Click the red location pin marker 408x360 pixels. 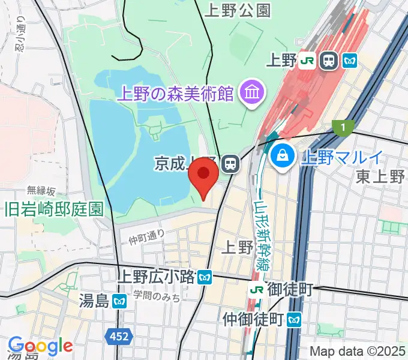tap(203, 176)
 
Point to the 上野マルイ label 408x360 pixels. tap(342, 158)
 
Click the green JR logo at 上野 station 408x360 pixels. tap(308, 60)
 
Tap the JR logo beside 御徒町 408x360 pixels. tap(257, 290)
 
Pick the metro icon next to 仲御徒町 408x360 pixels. tap(294, 318)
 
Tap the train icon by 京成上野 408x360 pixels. tap(230, 163)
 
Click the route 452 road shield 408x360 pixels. tap(119, 337)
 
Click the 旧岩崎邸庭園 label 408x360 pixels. tap(53, 209)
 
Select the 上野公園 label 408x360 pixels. tap(229, 10)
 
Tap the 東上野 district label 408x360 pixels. tap(380, 176)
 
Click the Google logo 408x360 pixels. tap(40, 346)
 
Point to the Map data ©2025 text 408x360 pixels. tap(358, 351)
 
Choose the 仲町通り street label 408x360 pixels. tap(146, 238)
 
